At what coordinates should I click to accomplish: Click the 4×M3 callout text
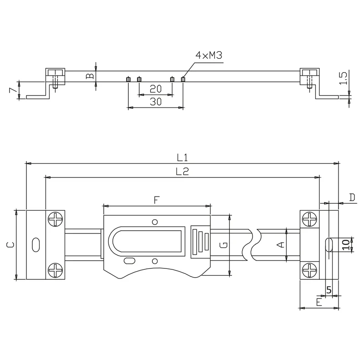[209, 55]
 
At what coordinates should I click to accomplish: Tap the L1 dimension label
[182, 157]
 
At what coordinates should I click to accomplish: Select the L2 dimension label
[182, 172]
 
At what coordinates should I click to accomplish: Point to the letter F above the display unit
[157, 200]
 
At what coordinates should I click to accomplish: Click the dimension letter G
[223, 245]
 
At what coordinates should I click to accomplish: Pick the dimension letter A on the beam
[281, 245]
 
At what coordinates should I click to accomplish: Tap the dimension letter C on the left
[10, 245]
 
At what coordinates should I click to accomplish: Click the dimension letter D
[352, 197]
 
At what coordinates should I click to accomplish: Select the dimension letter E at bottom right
[319, 302]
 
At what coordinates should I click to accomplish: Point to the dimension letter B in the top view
[90, 76]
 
